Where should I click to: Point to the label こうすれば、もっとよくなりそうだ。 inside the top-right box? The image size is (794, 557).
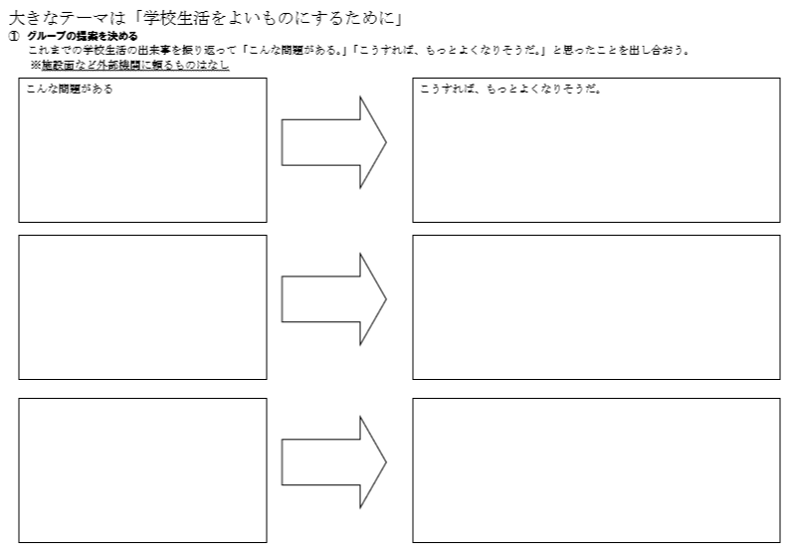(x=511, y=90)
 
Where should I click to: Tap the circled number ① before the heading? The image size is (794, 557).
(x=14, y=36)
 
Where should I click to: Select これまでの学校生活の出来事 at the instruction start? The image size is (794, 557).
(x=95, y=50)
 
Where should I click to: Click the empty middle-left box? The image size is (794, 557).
(x=142, y=307)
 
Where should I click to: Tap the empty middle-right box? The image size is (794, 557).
(x=596, y=307)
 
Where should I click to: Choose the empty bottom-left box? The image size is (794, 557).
(x=142, y=470)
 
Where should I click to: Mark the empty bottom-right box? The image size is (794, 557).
(x=596, y=470)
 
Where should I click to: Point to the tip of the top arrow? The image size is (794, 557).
(x=385, y=142)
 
